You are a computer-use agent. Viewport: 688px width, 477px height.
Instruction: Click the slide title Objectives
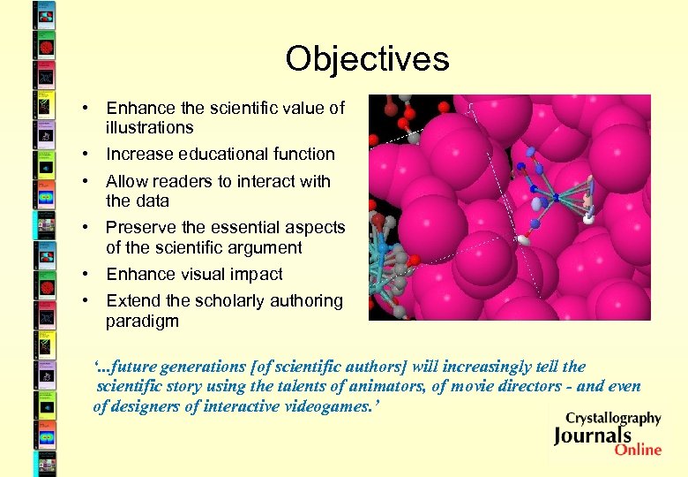(367, 59)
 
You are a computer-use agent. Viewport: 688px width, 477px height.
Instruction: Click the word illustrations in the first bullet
(149, 128)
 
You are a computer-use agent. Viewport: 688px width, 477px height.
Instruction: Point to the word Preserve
(138, 228)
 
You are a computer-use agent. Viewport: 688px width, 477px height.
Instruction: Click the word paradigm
(142, 322)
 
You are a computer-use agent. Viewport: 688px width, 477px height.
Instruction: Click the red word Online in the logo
(638, 450)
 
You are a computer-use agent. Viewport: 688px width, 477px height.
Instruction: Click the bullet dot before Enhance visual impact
(86, 275)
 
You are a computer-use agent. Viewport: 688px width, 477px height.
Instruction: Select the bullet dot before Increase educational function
(86, 155)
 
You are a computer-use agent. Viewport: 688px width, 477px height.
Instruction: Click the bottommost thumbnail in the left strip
(44, 462)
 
